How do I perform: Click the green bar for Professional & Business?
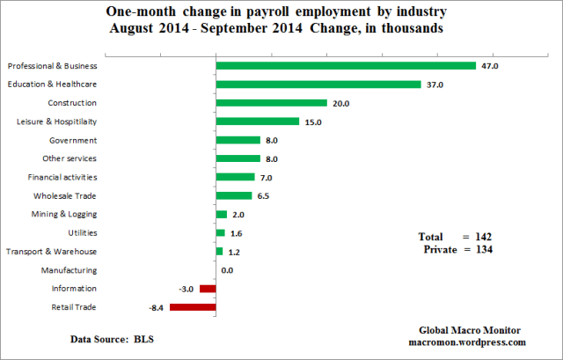pyautogui.click(x=346, y=65)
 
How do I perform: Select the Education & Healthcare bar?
pyautogui.click(x=318, y=84)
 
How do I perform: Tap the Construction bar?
pyautogui.click(x=271, y=103)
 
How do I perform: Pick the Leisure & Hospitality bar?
pyautogui.click(x=258, y=121)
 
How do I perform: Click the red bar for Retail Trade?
pyautogui.click(x=193, y=306)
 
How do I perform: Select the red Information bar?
pyautogui.click(x=208, y=288)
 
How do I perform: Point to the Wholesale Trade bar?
pyautogui.click(x=234, y=195)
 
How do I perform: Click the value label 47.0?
pyautogui.click(x=490, y=66)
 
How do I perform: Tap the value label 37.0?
pyautogui.click(x=435, y=84)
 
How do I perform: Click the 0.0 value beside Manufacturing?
pyautogui.click(x=227, y=270)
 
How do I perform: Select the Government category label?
pyautogui.click(x=99, y=140)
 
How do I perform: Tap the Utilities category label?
pyautogui.click(x=106, y=232)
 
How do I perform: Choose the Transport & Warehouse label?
pyautogui.click(x=77, y=251)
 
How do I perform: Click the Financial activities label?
pyautogui.click(x=87, y=177)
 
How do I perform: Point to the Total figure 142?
pyautogui.click(x=480, y=237)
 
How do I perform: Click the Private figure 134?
pyautogui.click(x=480, y=250)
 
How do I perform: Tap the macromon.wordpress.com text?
pyautogui.click(x=467, y=342)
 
